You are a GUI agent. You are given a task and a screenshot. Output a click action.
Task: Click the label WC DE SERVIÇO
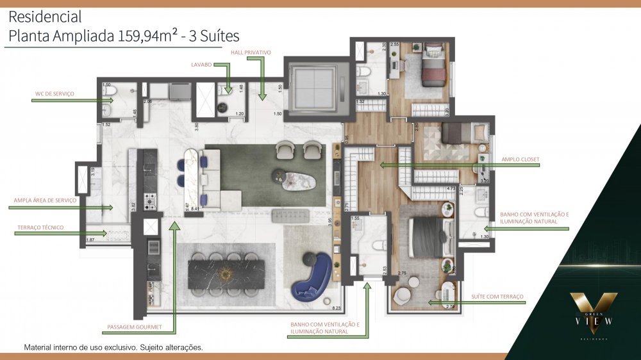coord(54,94)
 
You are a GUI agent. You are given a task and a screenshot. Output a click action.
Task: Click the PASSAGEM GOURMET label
coord(135,327)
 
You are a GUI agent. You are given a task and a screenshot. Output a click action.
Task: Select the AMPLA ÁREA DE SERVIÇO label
coord(45,200)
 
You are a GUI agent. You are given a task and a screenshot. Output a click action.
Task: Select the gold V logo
coord(594,307)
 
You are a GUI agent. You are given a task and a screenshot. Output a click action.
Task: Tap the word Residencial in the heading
coord(45,17)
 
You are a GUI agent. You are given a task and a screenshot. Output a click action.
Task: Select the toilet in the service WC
coord(110,96)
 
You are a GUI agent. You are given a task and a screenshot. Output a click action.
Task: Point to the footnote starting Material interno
coord(113,347)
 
